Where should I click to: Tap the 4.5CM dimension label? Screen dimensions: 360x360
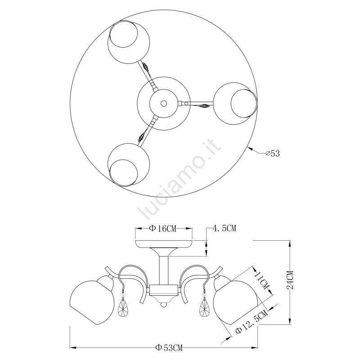225,228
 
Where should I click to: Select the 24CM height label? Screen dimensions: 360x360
290,280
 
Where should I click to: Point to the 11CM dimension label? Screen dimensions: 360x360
262,281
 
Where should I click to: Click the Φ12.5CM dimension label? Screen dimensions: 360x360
252,321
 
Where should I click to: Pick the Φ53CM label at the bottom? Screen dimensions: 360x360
169,348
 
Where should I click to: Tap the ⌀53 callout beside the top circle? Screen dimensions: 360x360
273,153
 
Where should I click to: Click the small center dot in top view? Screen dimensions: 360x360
164,103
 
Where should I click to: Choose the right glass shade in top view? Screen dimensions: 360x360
235,103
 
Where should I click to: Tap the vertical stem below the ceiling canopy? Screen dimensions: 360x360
164,270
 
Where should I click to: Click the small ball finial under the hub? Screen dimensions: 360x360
164,305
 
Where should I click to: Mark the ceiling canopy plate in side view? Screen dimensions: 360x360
164,244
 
